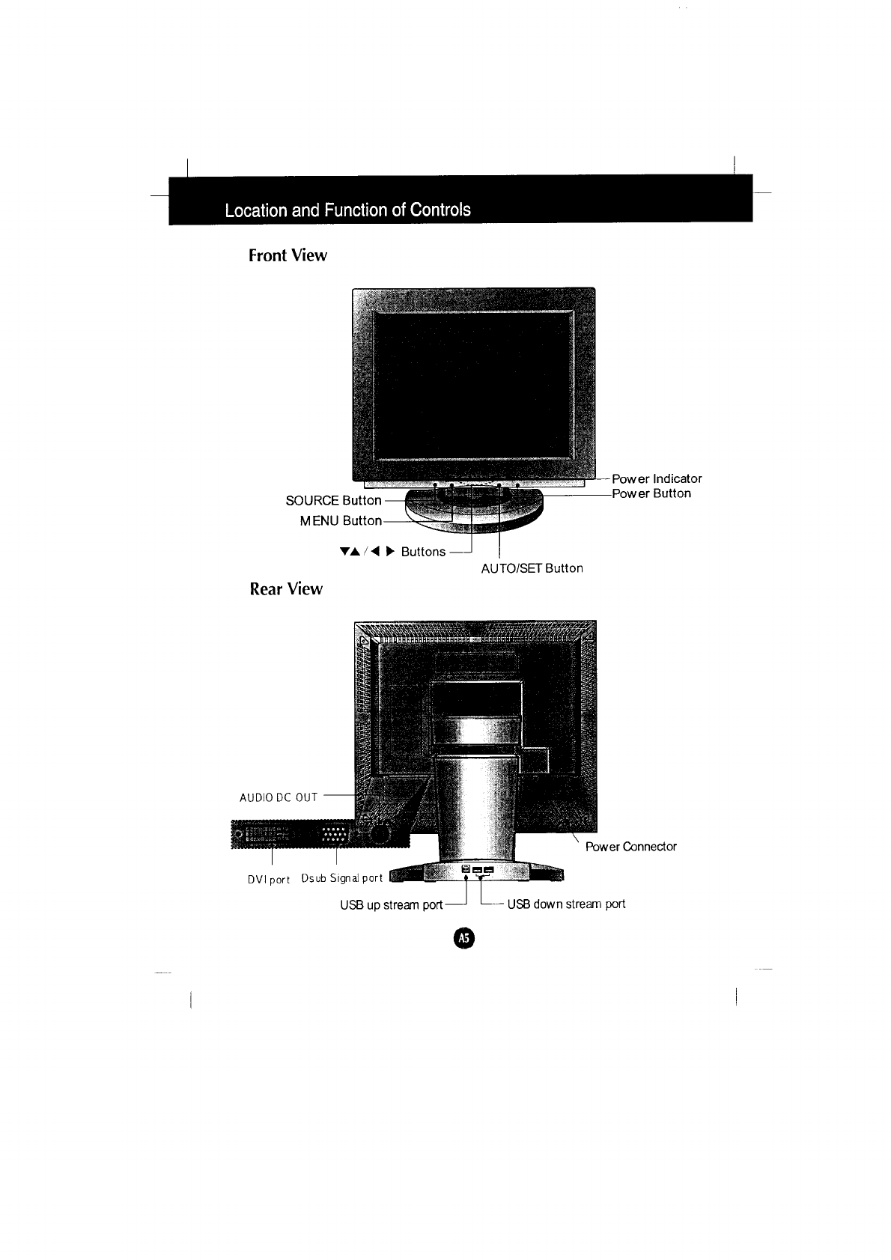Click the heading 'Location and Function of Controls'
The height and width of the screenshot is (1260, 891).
[x=347, y=210]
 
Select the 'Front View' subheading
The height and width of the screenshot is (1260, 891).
[x=288, y=255]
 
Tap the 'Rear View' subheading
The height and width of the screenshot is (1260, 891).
[x=286, y=589]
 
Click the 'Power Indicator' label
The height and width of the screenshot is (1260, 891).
[x=657, y=478]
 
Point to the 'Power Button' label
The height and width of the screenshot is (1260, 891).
[x=651, y=493]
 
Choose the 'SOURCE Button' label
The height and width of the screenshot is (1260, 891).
[x=333, y=500]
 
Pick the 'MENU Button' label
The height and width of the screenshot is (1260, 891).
[x=341, y=520]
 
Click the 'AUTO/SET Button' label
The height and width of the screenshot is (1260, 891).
[x=532, y=568]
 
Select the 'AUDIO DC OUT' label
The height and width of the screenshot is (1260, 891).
[x=279, y=797]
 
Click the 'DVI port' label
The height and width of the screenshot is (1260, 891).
[x=268, y=880]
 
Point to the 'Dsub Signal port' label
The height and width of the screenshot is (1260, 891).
[x=341, y=878]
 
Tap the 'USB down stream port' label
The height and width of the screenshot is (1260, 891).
[x=566, y=904]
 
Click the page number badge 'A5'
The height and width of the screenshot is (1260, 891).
[x=463, y=938]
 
